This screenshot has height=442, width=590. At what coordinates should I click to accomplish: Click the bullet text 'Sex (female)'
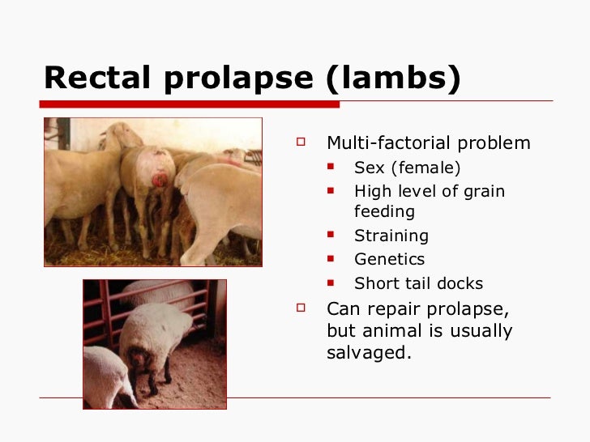[x=407, y=168]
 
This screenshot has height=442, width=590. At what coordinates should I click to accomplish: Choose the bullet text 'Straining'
[x=391, y=236]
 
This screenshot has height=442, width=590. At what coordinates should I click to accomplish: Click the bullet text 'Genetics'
[x=389, y=260]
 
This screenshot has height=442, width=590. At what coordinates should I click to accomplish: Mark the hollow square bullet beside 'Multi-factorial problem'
[x=301, y=142]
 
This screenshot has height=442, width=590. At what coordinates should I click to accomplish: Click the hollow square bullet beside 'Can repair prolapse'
[x=301, y=308]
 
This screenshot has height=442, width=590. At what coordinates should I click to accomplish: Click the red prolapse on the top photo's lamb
[x=160, y=179]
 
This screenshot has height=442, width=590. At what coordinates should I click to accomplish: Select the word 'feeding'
[x=384, y=212]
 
